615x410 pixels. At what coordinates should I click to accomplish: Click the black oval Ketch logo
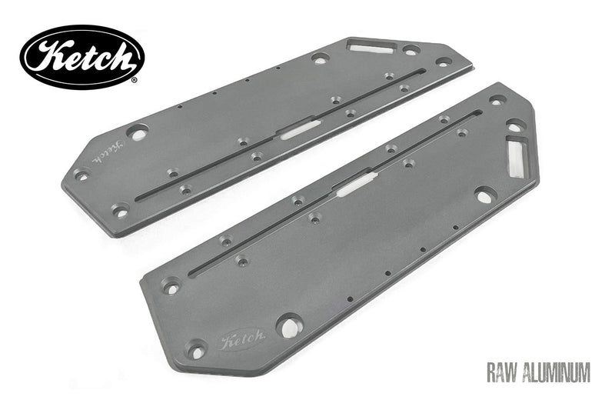tap(81, 56)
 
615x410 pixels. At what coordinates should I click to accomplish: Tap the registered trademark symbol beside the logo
tap(135, 79)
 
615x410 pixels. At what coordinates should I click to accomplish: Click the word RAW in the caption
tap(503, 374)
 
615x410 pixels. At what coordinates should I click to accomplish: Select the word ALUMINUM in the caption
tap(557, 374)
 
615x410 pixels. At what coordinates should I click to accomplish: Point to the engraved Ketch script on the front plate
tap(242, 339)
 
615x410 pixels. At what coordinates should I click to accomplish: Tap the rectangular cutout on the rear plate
tap(370, 45)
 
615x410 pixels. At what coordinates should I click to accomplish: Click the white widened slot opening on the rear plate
tap(298, 128)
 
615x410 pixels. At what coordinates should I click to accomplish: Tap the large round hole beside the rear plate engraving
tap(138, 132)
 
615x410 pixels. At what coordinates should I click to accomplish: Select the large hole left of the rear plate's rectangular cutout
tap(320, 58)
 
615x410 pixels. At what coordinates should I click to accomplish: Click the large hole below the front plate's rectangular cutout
tap(484, 195)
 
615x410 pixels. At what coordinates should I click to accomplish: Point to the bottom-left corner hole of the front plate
tap(197, 351)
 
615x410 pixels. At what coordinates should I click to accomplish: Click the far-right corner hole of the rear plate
tap(443, 61)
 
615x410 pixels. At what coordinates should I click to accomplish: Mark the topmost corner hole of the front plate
tap(497, 99)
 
